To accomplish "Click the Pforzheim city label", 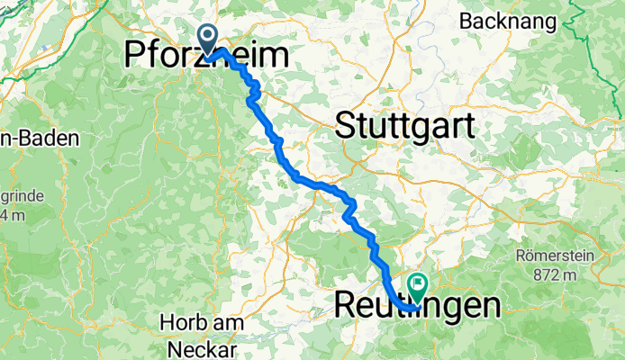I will [x=206, y=58].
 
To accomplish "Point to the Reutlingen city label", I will [x=417, y=305].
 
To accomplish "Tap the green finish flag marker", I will [x=418, y=285].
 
